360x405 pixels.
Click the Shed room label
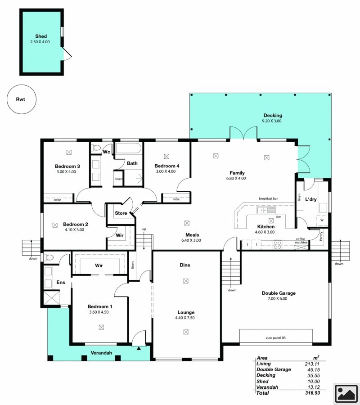tap(41, 36)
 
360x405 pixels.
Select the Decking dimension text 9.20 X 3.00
tap(272, 121)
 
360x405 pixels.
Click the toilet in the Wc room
tap(96, 148)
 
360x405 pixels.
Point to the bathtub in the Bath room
tap(128, 148)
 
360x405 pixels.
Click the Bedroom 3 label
tap(67, 166)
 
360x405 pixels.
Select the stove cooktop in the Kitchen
tap(277, 245)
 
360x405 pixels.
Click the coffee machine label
tap(301, 240)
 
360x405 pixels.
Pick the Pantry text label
tap(321, 236)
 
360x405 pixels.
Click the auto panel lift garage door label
tap(275, 337)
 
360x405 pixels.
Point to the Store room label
tap(121, 213)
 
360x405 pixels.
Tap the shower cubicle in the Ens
tap(51, 298)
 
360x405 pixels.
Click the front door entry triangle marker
tap(139, 348)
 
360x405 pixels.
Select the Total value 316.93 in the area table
tap(312, 393)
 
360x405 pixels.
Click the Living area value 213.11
tap(312, 364)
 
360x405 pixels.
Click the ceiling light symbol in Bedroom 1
tap(101, 327)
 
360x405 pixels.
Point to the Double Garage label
tap(279, 293)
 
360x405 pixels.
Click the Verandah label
tap(101, 352)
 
